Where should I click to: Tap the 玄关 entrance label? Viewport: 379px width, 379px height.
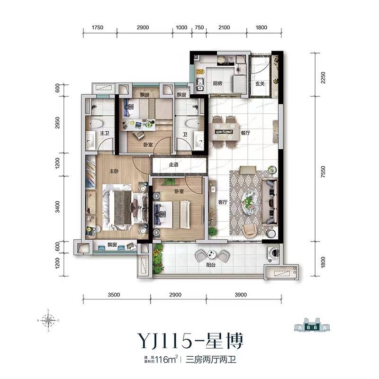[x=260, y=83]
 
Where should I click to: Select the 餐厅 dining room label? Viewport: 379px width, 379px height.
[x=245, y=134]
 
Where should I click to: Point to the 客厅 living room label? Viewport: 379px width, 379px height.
[x=223, y=201]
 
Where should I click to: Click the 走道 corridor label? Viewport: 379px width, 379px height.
[x=173, y=165]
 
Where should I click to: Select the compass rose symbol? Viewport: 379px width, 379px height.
[x=48, y=320]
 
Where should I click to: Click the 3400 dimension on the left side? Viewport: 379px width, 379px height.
[x=57, y=207]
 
